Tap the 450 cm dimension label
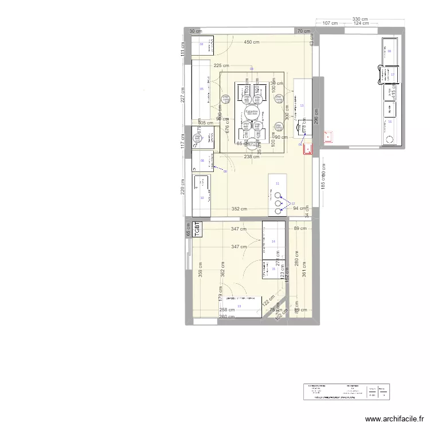[251, 42]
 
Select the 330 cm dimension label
[360, 19]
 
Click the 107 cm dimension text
[330, 24]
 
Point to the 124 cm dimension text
[361, 24]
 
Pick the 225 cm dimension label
[221, 66]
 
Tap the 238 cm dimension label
[252, 157]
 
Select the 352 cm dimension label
[239, 209]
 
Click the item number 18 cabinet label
[389, 52]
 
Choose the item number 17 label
[393, 74]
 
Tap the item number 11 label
[277, 183]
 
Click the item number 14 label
[273, 241]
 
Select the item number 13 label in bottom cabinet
[239, 306]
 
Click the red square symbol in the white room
[329, 136]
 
